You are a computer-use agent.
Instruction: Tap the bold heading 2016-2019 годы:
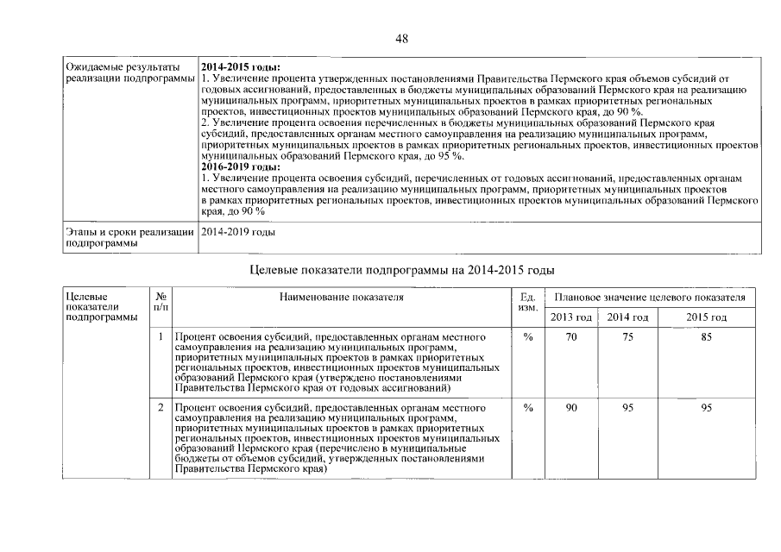click(240, 166)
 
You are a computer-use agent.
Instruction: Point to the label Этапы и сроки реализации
click(128, 232)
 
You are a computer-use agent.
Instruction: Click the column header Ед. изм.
click(529, 302)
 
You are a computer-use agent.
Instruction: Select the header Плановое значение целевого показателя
click(650, 297)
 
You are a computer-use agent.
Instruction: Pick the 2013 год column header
click(571, 317)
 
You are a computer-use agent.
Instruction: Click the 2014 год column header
click(627, 317)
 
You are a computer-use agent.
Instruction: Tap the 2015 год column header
click(706, 317)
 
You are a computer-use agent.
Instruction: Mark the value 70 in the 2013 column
click(571, 337)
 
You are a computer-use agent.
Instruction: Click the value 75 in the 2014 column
click(627, 337)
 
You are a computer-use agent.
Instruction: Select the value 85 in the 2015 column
click(706, 337)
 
